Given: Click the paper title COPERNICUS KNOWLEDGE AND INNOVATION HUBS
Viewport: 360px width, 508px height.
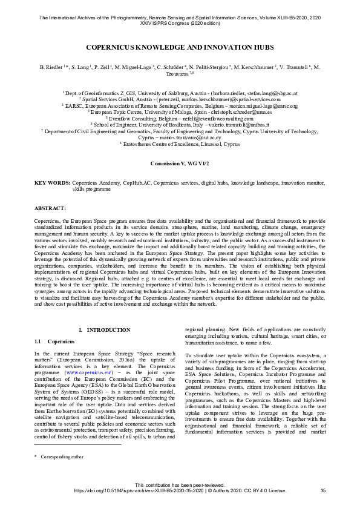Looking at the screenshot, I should pyautogui.click(x=180, y=46).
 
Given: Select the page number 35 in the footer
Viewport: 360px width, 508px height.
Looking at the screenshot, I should pyautogui.click(x=323, y=491).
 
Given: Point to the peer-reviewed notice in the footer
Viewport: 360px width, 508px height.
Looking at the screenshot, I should pyautogui.click(x=180, y=484).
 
